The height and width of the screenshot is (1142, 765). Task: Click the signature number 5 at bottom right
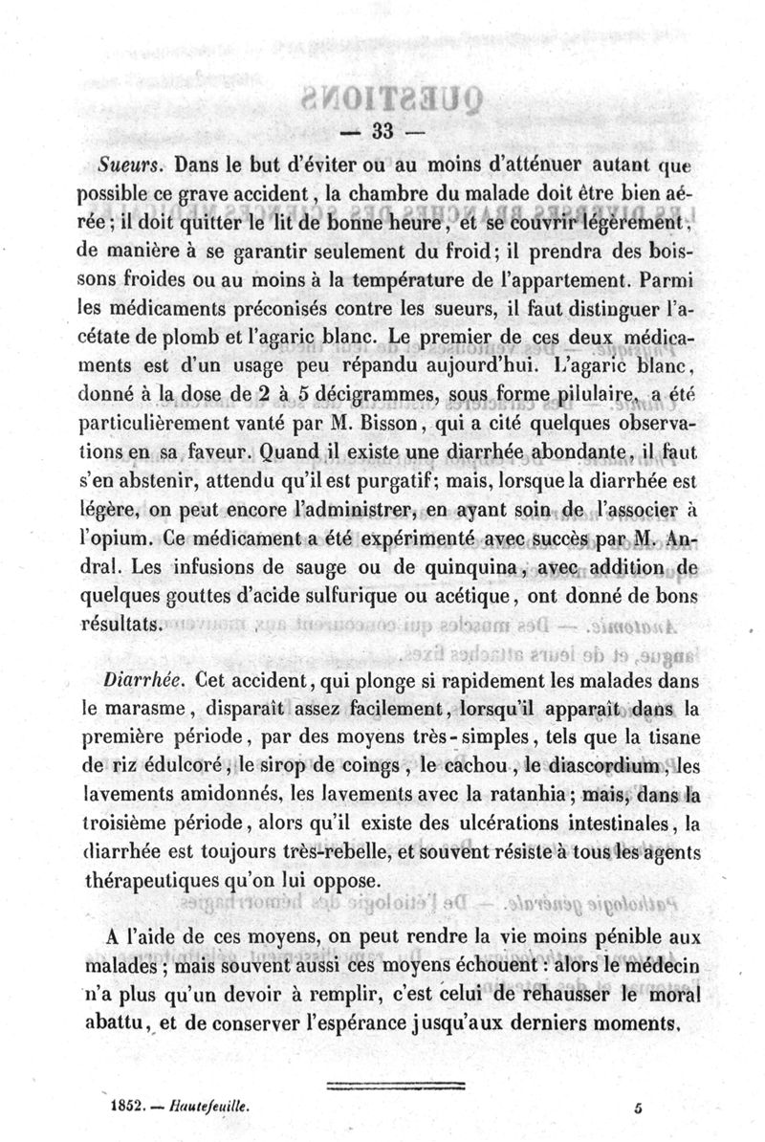636,1103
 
